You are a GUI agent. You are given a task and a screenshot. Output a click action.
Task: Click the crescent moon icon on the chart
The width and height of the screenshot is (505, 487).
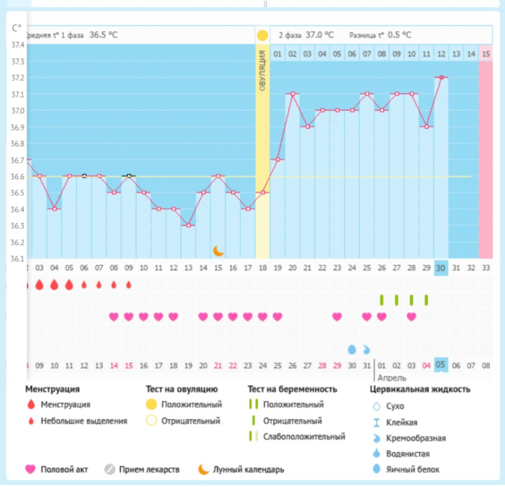tap(218, 250)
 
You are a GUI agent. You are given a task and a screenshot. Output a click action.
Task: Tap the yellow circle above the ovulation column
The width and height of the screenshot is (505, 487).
tap(262, 35)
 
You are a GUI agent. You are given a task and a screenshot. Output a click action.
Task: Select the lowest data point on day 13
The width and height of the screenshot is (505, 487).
tap(188, 225)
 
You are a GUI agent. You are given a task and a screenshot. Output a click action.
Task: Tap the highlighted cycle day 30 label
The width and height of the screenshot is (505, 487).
tap(441, 267)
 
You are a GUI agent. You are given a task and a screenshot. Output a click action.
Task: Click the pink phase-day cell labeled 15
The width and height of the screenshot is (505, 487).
tap(485, 54)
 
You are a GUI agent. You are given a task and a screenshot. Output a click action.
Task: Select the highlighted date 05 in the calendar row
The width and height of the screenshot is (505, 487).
tap(441, 365)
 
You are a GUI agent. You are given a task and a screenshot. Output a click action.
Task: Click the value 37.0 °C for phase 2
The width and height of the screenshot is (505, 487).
tap(319, 35)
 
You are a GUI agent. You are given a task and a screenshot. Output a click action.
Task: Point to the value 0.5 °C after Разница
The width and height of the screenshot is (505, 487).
tap(399, 35)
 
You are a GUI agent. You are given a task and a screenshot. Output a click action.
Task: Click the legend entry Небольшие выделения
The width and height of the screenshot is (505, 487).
tap(83, 421)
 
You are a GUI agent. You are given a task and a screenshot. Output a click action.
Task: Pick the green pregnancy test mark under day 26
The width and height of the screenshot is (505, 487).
tap(381, 300)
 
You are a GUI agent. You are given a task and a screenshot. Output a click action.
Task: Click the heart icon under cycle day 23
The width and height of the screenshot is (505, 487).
tap(337, 317)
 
